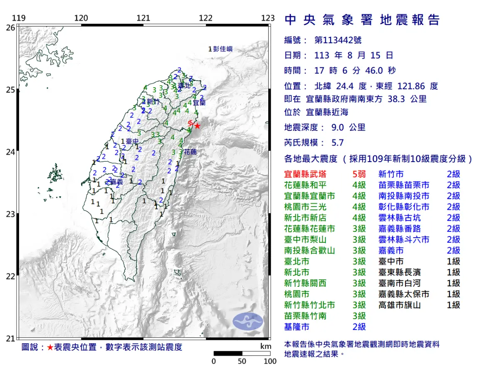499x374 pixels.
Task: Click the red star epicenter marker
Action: (x=198, y=126)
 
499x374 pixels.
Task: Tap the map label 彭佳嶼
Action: (x=222, y=49)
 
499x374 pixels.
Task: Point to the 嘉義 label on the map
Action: (x=117, y=182)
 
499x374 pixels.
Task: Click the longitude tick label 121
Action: (x=143, y=18)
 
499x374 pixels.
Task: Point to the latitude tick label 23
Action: (x=10, y=214)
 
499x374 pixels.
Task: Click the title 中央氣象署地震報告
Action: (x=362, y=20)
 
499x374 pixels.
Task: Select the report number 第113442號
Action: (x=338, y=40)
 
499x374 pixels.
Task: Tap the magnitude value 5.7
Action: (x=338, y=143)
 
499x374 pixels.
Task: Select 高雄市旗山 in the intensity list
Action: (x=400, y=305)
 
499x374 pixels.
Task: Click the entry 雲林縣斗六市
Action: (x=404, y=240)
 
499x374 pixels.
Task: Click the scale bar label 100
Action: (x=270, y=361)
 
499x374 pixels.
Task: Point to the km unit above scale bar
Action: (x=266, y=347)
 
